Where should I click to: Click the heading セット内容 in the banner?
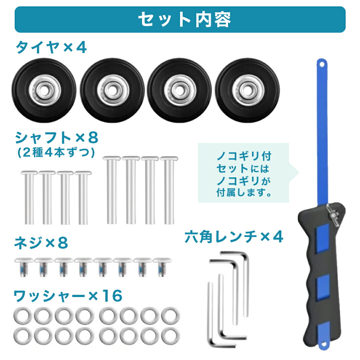coord(184,20)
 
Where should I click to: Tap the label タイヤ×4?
coord(51,47)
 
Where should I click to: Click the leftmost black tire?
coord(44,90)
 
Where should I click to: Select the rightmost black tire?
coord(247,90)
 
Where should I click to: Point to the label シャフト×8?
coord(57,138)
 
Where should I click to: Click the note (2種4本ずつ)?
coord(56,152)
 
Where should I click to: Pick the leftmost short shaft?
coord(29,197)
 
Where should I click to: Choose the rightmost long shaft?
coord(169,190)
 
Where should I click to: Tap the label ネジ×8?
coord(41,243)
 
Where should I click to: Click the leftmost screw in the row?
coord(24,267)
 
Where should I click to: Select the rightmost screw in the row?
coord(162,267)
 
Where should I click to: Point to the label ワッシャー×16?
coord(68,296)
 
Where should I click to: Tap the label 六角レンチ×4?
coord(234,237)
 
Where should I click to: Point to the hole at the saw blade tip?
coord(322,65)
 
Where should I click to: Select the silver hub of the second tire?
coord(113,90)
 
